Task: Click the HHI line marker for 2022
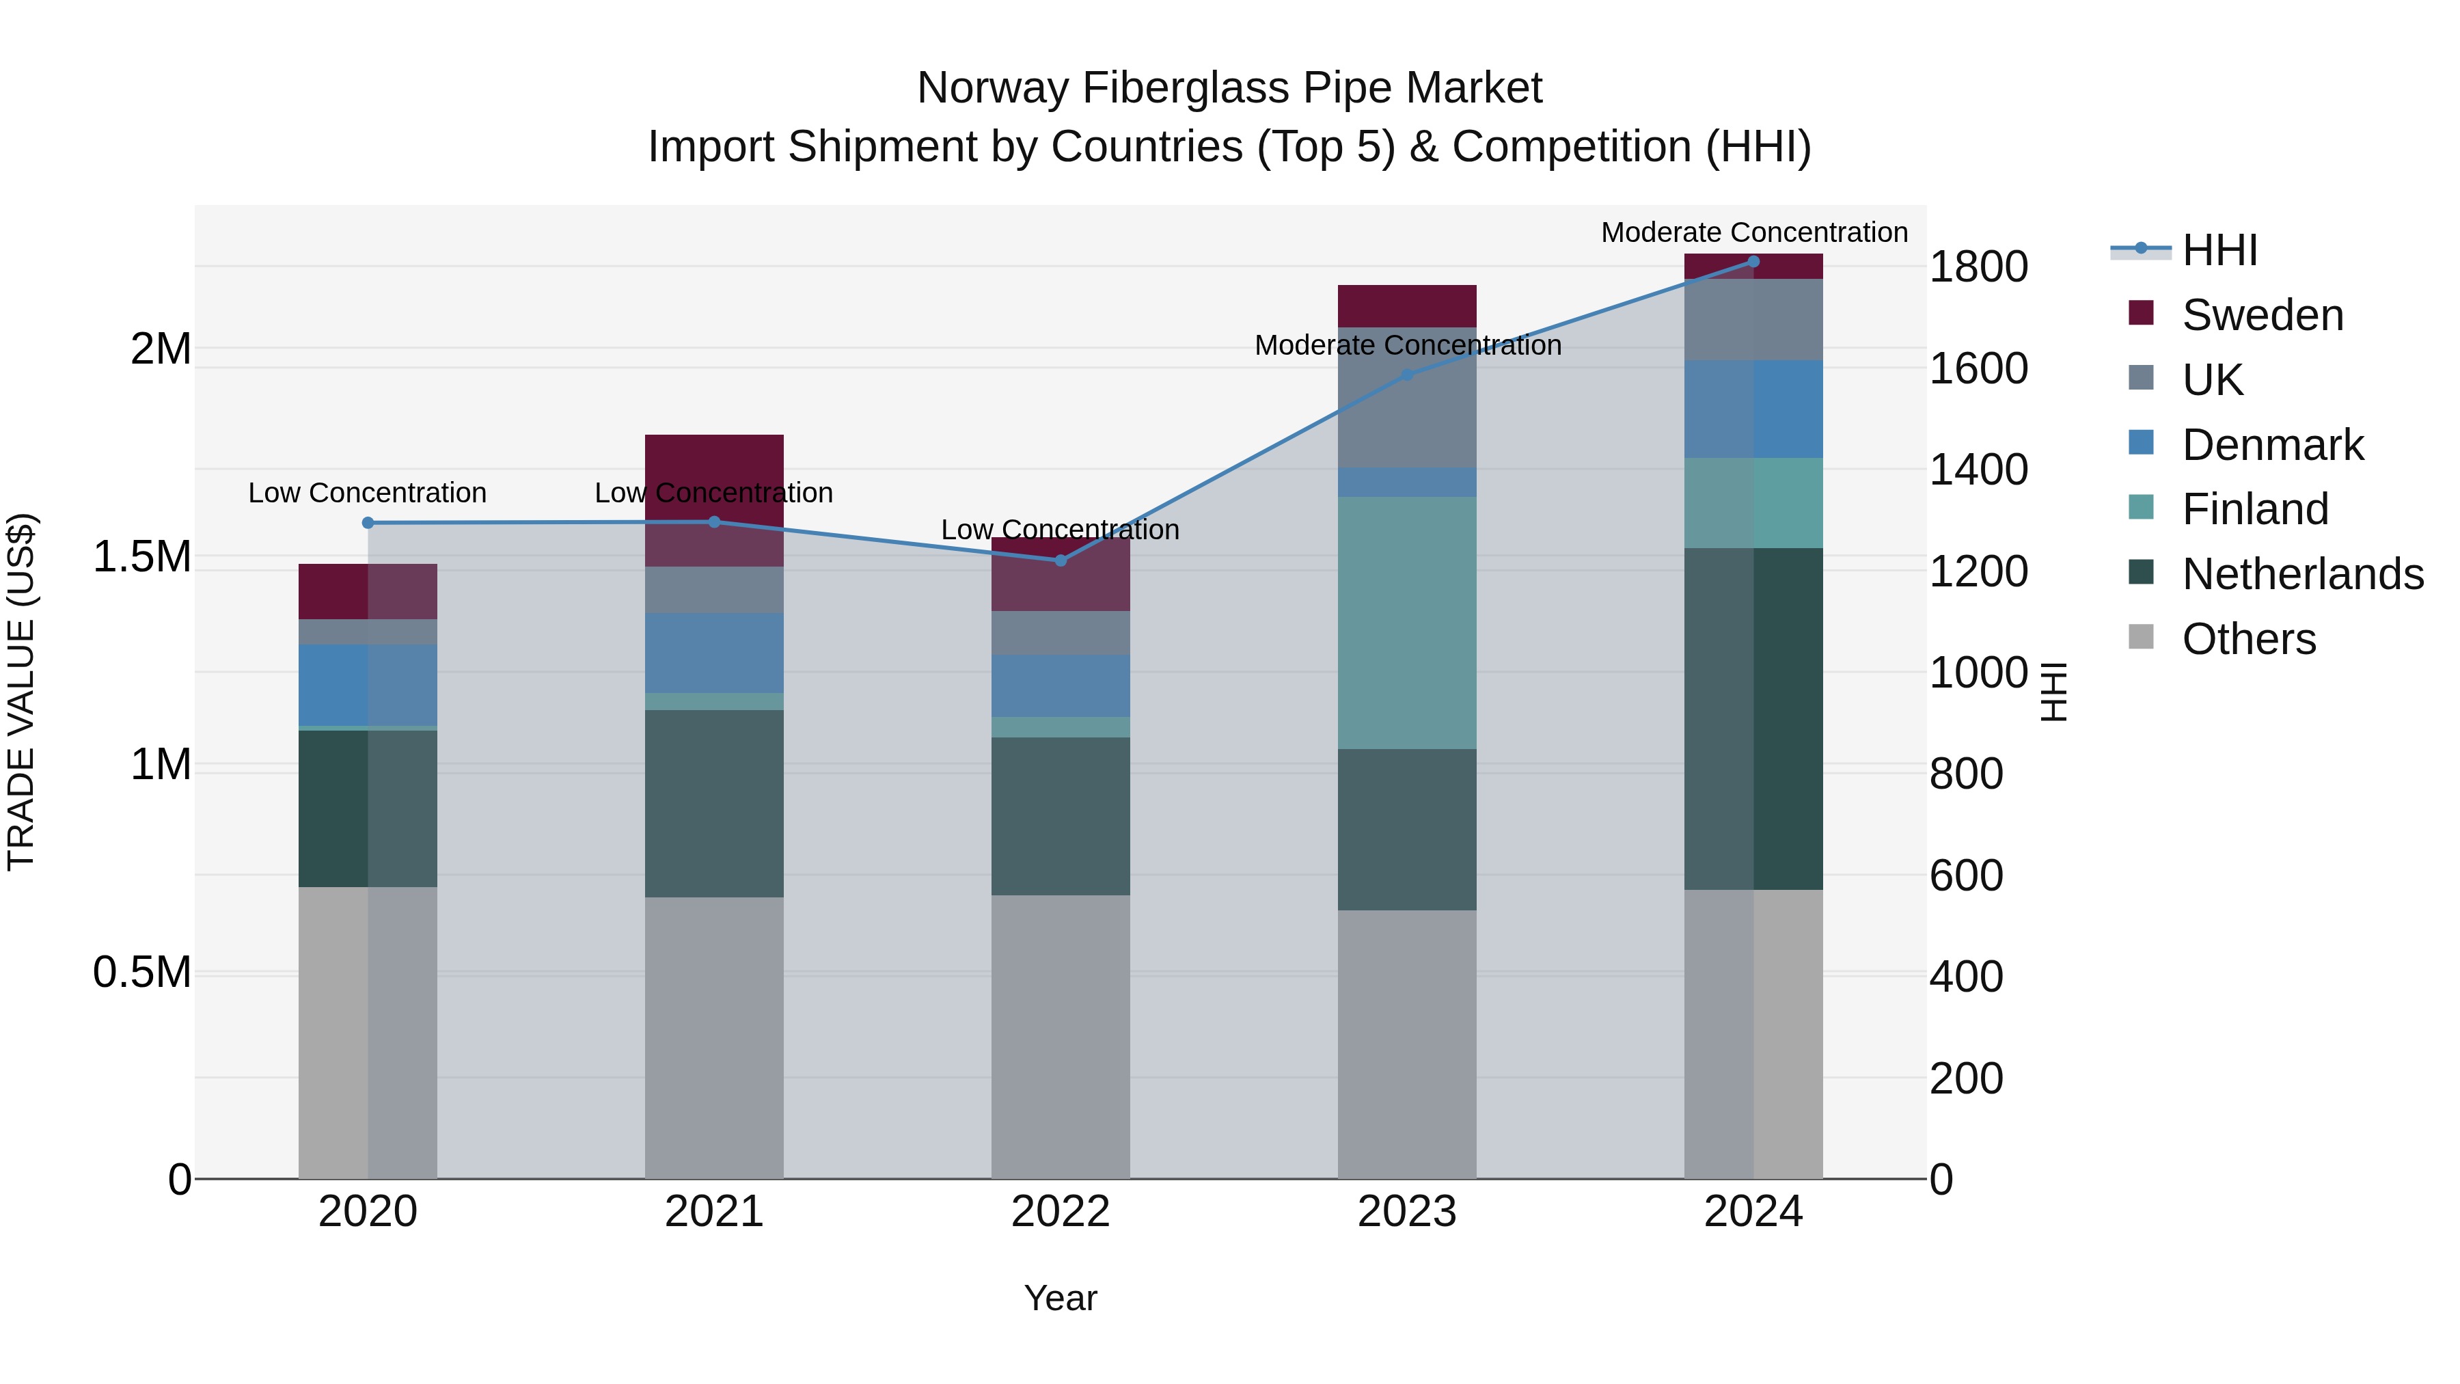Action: click(1060, 560)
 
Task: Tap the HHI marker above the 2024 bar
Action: click(1753, 262)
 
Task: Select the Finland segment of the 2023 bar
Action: click(1407, 623)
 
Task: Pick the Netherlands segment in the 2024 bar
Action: click(1753, 718)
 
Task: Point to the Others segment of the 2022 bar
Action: click(1060, 1036)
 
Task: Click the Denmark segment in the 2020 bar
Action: click(368, 685)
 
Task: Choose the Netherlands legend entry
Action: click(2301, 574)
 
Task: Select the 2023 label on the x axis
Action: click(1407, 1212)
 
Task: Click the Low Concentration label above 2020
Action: click(368, 493)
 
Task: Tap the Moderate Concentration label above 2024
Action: click(1753, 232)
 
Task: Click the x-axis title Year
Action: click(1060, 1298)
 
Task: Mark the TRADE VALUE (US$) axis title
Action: click(21, 692)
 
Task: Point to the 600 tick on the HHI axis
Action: click(1965, 876)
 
